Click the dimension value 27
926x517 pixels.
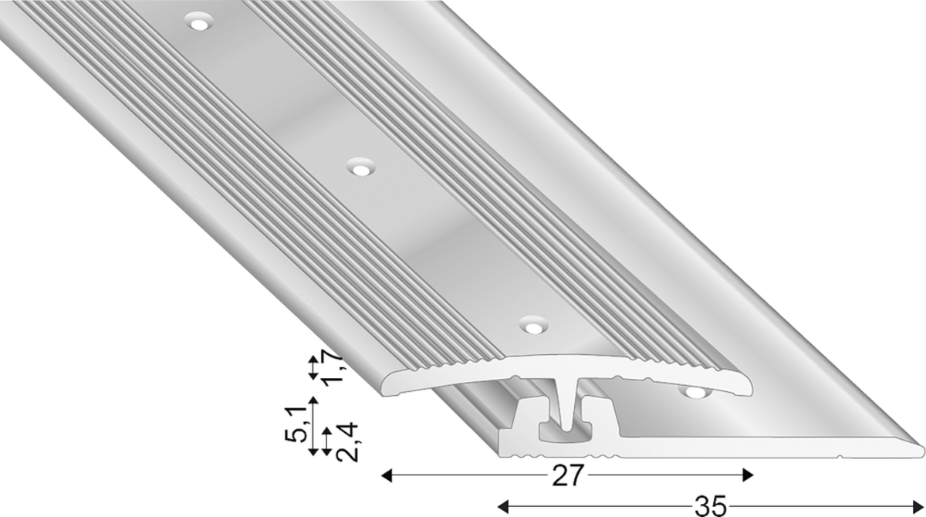click(567, 475)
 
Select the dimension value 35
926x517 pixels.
click(710, 506)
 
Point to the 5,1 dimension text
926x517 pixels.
click(296, 424)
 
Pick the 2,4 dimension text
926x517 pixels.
click(346, 441)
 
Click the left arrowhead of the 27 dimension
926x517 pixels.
click(386, 475)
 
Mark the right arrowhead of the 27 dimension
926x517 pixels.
click(748, 475)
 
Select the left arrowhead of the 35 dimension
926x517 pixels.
click(502, 506)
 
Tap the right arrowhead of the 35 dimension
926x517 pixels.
click(918, 506)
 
